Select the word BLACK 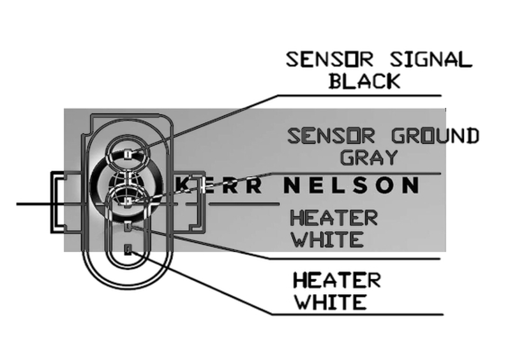pyautogui.click(x=364, y=81)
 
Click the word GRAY pyautogui.click(x=369, y=157)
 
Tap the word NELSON pyautogui.click(x=351, y=185)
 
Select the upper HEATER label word pyautogui.click(x=334, y=218)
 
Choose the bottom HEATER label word pyautogui.click(x=336, y=280)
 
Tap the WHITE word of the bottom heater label pyautogui.click(x=330, y=301)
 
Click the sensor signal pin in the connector pyautogui.click(x=129, y=154)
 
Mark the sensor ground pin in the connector pyautogui.click(x=128, y=202)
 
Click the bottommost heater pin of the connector pyautogui.click(x=128, y=249)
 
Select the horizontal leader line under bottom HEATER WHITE pyautogui.click(x=357, y=314)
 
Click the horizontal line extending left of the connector pyautogui.click(x=32, y=204)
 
